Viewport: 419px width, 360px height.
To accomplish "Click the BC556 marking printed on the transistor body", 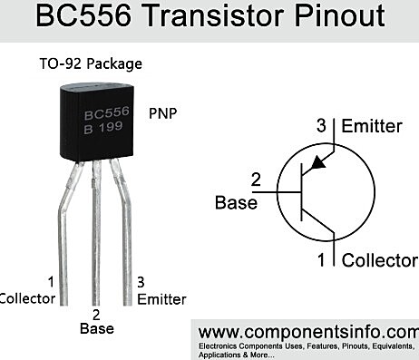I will [x=109, y=115].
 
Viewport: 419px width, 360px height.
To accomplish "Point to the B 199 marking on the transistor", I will [x=107, y=130].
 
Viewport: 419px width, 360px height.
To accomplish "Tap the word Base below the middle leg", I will [x=97, y=328].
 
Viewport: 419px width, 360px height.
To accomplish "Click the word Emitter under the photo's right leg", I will [x=161, y=298].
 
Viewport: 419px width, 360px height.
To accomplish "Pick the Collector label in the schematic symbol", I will [x=379, y=260].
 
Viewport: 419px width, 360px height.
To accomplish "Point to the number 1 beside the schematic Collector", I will [x=320, y=260].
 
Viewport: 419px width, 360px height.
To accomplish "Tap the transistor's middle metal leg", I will [x=96, y=236].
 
